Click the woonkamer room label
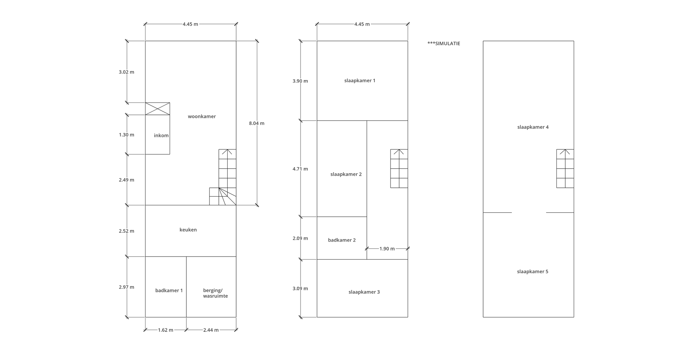tap(202, 116)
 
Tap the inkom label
tap(161, 136)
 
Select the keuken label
tap(188, 230)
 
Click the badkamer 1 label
tap(169, 291)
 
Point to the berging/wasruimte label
tap(216, 293)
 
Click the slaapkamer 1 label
tap(360, 81)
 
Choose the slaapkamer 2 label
tap(346, 174)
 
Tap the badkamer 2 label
tap(342, 240)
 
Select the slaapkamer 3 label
tap(364, 292)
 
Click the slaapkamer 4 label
tap(533, 127)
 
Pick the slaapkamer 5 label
tap(533, 272)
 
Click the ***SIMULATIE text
tap(444, 43)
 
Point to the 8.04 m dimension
tap(256, 123)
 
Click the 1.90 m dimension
tap(387, 249)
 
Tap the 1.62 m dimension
tap(165, 330)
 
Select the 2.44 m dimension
tap(211, 330)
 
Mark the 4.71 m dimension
tap(300, 169)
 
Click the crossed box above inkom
tap(158, 109)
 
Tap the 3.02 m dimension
tap(127, 72)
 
